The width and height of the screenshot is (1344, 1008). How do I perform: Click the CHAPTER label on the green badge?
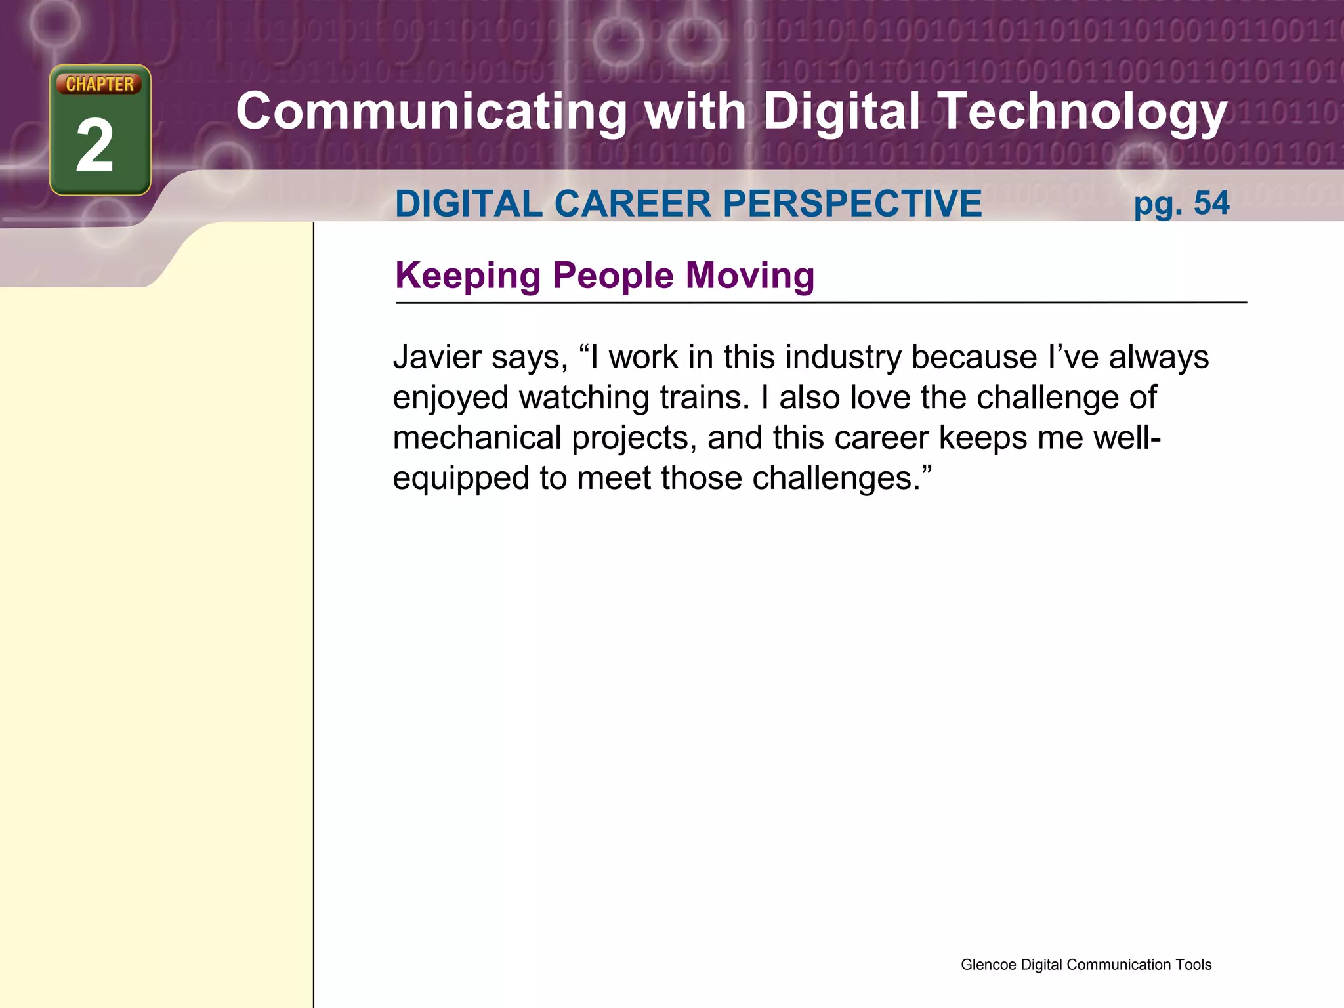tap(100, 84)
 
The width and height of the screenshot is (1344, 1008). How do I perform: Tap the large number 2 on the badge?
tap(95, 146)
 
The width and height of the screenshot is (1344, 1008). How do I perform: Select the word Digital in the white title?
tap(841, 112)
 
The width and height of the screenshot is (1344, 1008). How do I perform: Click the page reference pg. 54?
tap(1181, 203)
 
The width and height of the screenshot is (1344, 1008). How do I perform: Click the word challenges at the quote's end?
tap(837, 478)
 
